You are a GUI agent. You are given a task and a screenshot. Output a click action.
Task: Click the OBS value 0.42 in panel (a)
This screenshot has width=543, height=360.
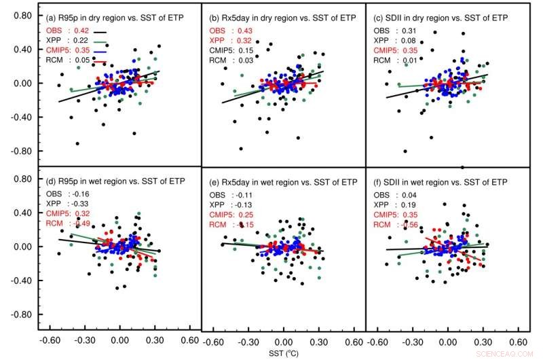pyautogui.click(x=81, y=31)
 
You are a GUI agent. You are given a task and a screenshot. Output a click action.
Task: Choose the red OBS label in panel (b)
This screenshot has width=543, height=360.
pyautogui.click(x=218, y=31)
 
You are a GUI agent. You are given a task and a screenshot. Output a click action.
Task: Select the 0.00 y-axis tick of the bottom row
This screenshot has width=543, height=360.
pyautogui.click(x=22, y=247)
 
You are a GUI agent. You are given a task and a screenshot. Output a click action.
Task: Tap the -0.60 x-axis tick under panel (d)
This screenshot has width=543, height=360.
pyautogui.click(x=49, y=341)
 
